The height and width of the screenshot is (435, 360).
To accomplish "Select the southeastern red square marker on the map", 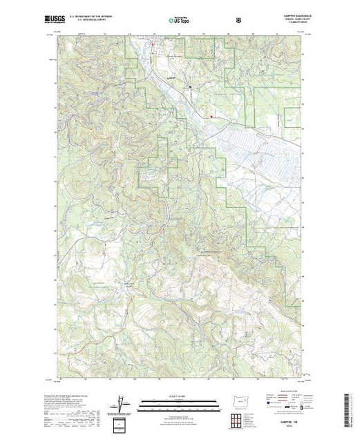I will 211,117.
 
